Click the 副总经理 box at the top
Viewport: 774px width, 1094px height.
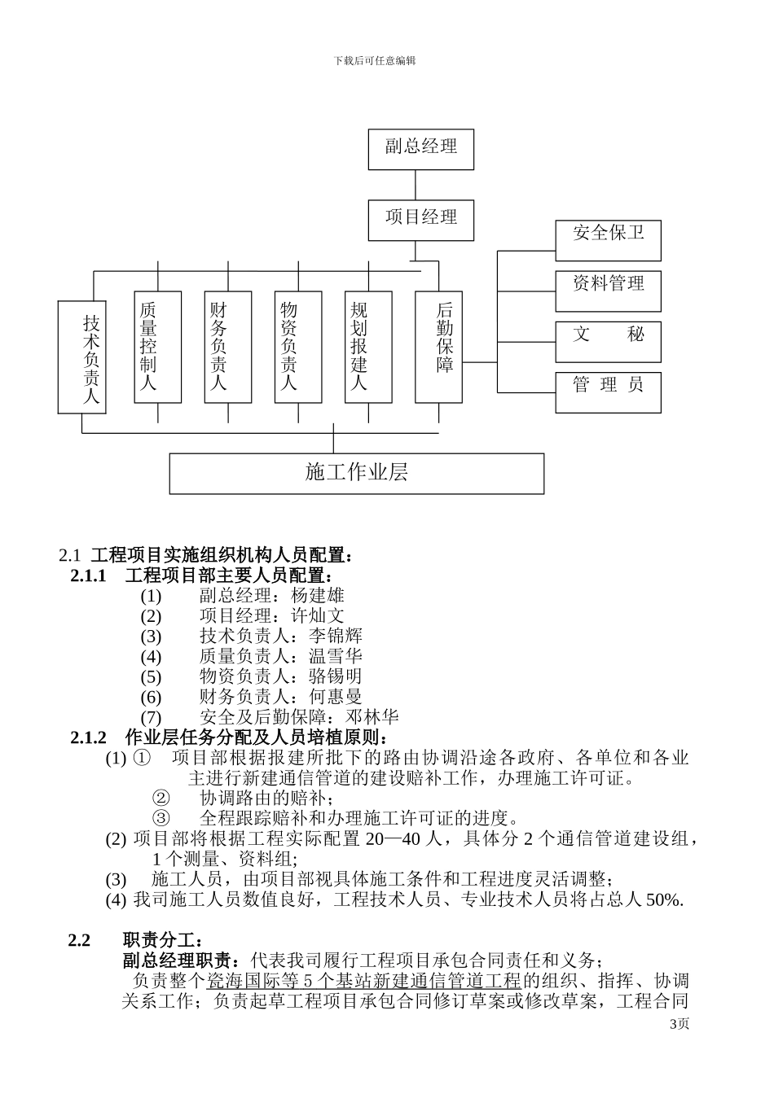420,149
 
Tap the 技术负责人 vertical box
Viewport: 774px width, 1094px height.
81,357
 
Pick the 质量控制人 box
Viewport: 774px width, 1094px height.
157,346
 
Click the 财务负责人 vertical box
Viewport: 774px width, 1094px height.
228,346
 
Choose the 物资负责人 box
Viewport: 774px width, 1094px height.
298,346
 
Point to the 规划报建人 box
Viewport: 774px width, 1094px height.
368,346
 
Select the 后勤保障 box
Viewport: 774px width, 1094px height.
438,346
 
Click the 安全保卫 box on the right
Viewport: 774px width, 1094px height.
608,240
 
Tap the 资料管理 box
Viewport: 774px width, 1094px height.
608,291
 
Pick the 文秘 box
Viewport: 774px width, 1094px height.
608,342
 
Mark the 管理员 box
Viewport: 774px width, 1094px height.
608,392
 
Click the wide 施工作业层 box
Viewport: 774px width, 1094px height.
356,473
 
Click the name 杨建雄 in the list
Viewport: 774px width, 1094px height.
317,595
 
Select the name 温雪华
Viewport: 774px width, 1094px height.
336,656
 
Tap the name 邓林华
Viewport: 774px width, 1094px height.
372,717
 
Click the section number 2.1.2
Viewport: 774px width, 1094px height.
89,737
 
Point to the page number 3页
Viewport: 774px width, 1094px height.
679,1024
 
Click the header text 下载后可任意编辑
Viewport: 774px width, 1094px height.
374,61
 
